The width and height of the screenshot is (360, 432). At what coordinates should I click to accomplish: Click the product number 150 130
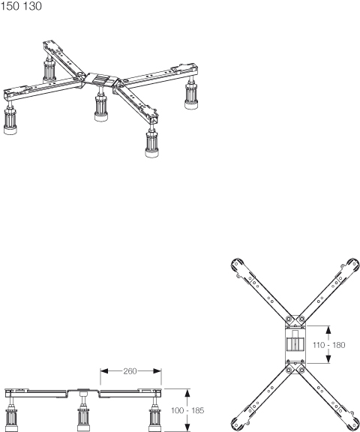pyautogui.click(x=21, y=6)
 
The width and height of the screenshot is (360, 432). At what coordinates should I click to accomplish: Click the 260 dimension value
pyautogui.click(x=130, y=371)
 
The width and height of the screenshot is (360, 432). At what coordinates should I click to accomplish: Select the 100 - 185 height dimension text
pyautogui.click(x=187, y=410)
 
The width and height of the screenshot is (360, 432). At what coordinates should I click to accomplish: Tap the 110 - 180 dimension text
pyautogui.click(x=329, y=345)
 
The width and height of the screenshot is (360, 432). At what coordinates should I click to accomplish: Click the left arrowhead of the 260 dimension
pyautogui.click(x=104, y=371)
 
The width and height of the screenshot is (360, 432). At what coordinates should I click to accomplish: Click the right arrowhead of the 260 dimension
pyautogui.click(x=157, y=371)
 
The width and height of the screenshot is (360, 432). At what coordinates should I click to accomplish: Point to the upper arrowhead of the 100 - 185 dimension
pyautogui.click(x=187, y=393)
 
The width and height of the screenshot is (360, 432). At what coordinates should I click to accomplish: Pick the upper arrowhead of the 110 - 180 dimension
pyautogui.click(x=328, y=330)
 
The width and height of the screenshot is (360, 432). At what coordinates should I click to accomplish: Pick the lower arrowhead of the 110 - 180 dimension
pyautogui.click(x=328, y=359)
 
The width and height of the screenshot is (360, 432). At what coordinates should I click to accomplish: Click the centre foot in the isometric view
pyautogui.click(x=100, y=107)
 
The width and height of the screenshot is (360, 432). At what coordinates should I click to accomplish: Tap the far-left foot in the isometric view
pyautogui.click(x=10, y=121)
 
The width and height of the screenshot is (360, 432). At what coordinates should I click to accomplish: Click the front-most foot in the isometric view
pyautogui.click(x=151, y=143)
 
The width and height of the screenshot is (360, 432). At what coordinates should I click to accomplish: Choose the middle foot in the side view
pyautogui.click(x=83, y=413)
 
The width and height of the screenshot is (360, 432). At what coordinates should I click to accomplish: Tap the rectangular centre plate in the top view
pyautogui.click(x=295, y=344)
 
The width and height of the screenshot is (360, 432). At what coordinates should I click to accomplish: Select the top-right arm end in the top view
pyautogui.click(x=352, y=265)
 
